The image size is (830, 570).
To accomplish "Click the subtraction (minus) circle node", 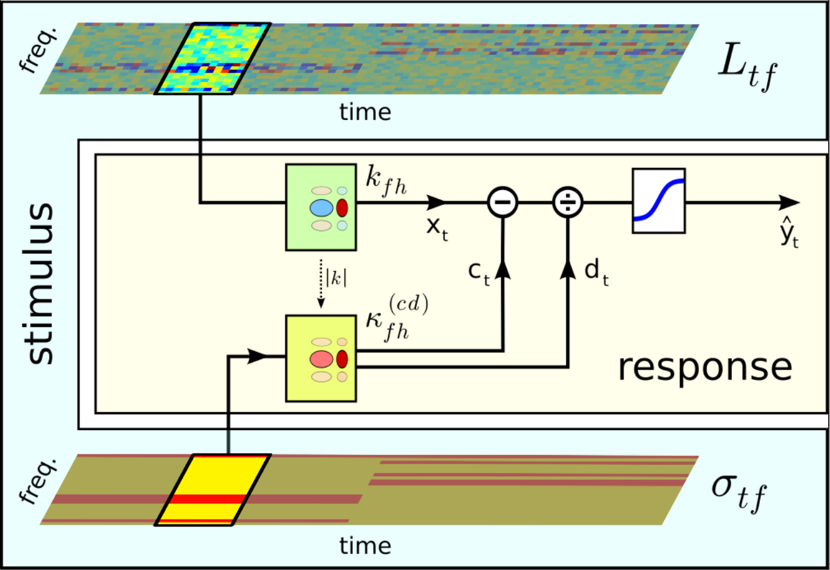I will click(502, 203).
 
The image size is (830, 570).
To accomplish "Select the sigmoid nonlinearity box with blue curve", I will click(658, 201).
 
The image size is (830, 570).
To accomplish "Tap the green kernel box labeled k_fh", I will click(320, 208).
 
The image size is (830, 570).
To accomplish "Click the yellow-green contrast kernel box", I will click(320, 358).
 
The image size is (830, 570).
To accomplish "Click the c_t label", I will click(480, 274).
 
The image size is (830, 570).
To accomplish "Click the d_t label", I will click(597, 274).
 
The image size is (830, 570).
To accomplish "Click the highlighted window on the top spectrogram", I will click(212, 59).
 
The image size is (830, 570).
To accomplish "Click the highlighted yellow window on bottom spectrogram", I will click(212, 490).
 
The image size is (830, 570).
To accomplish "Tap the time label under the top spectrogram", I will click(365, 112).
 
